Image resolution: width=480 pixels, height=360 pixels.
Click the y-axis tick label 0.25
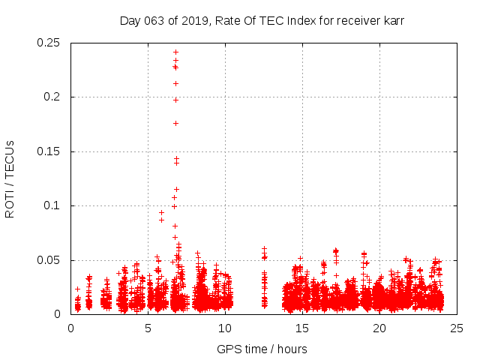click(x=49, y=43)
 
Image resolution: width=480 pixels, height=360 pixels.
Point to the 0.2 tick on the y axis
click(x=54, y=97)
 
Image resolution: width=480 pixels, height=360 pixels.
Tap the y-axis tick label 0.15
click(x=49, y=151)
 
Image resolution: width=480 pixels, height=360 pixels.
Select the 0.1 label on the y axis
click(x=54, y=206)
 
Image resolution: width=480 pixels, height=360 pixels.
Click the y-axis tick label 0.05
click(x=49, y=260)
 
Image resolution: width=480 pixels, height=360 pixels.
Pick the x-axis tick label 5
click(x=148, y=328)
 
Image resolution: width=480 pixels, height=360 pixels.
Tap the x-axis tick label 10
click(x=225, y=328)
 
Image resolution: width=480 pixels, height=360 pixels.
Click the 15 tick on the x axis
click(x=302, y=328)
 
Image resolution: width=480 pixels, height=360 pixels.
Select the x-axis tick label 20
click(x=379, y=328)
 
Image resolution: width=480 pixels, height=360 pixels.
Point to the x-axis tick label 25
click(x=457, y=328)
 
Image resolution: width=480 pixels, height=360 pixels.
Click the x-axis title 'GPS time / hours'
click(x=262, y=349)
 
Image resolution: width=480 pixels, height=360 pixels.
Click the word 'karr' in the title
click(x=392, y=21)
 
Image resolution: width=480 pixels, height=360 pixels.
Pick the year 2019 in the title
click(x=193, y=21)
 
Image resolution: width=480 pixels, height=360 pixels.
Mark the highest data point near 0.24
click(x=175, y=52)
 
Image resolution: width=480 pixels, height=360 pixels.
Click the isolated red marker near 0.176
click(x=175, y=123)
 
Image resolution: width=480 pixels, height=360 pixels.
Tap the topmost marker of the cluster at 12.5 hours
click(x=264, y=248)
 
